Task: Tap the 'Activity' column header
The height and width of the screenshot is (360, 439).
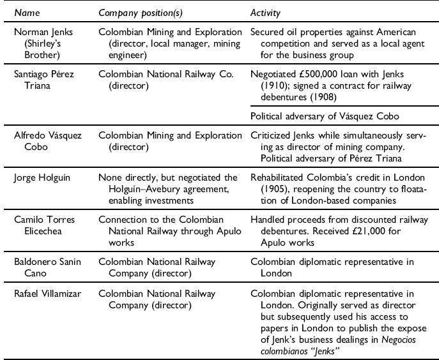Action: coord(265,12)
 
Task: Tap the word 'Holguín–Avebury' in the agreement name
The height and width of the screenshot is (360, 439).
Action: coord(132,188)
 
